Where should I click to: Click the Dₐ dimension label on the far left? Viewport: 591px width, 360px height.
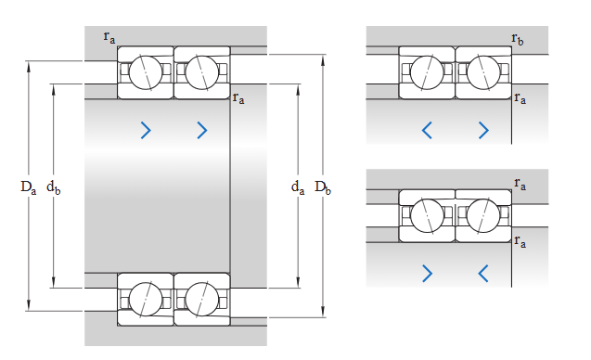pos(28,187)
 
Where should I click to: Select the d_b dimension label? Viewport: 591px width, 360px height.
pos(53,187)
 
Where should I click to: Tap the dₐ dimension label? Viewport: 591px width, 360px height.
pos(298,187)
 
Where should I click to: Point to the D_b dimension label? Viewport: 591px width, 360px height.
pos(323,187)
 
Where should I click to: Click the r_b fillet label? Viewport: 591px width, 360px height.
pos(518,39)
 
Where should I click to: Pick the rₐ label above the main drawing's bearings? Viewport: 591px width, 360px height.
pos(109,37)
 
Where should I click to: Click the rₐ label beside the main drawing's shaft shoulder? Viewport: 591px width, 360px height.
pos(238,98)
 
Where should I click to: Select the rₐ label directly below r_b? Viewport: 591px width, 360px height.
pos(520,98)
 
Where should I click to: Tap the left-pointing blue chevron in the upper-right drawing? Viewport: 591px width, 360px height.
pos(427,131)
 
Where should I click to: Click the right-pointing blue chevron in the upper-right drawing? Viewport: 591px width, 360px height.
pos(483,131)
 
